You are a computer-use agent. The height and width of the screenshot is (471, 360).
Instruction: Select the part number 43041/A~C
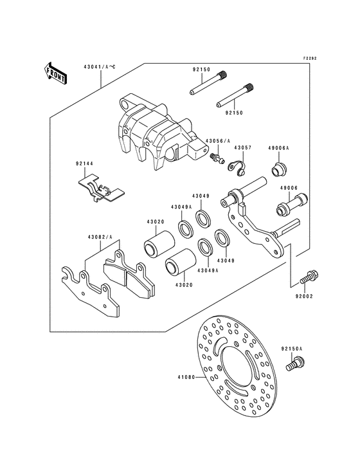99,67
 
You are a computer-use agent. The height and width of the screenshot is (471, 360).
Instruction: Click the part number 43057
242,147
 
